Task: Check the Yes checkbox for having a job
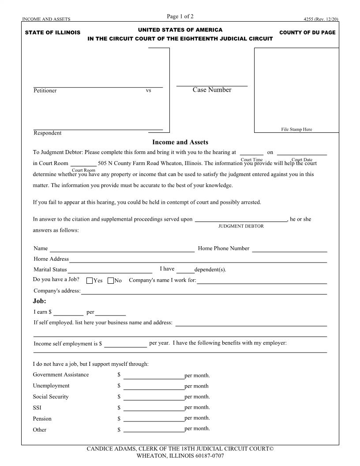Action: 90,281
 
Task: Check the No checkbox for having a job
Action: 111,281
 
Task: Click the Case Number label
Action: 212,90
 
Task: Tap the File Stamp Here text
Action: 296,129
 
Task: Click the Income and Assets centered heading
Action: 180,142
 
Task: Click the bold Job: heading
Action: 40,301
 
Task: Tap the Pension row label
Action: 42,419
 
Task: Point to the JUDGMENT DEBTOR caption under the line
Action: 241,226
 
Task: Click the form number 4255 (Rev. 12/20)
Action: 321,19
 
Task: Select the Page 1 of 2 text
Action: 180,17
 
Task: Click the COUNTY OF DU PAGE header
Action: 307,33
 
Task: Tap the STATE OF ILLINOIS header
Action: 52,33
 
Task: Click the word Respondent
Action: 48,133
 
